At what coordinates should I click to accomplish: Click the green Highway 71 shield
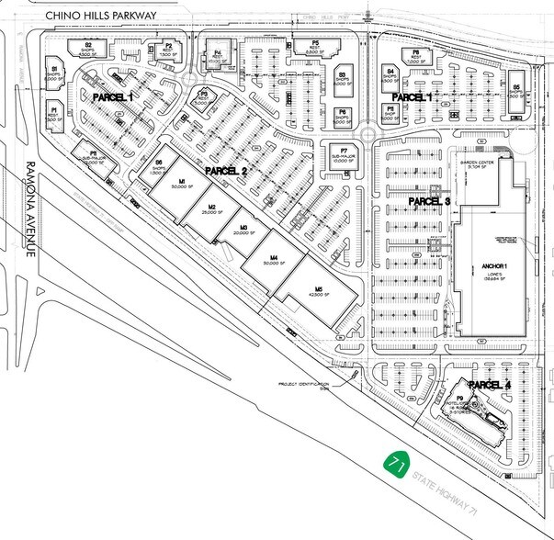coord(396,462)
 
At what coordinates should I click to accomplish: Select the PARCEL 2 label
coord(227,171)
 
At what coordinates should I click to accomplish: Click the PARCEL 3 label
coord(429,200)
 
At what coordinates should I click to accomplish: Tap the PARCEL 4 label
coord(489,384)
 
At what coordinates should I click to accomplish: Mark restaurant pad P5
coord(315,49)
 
